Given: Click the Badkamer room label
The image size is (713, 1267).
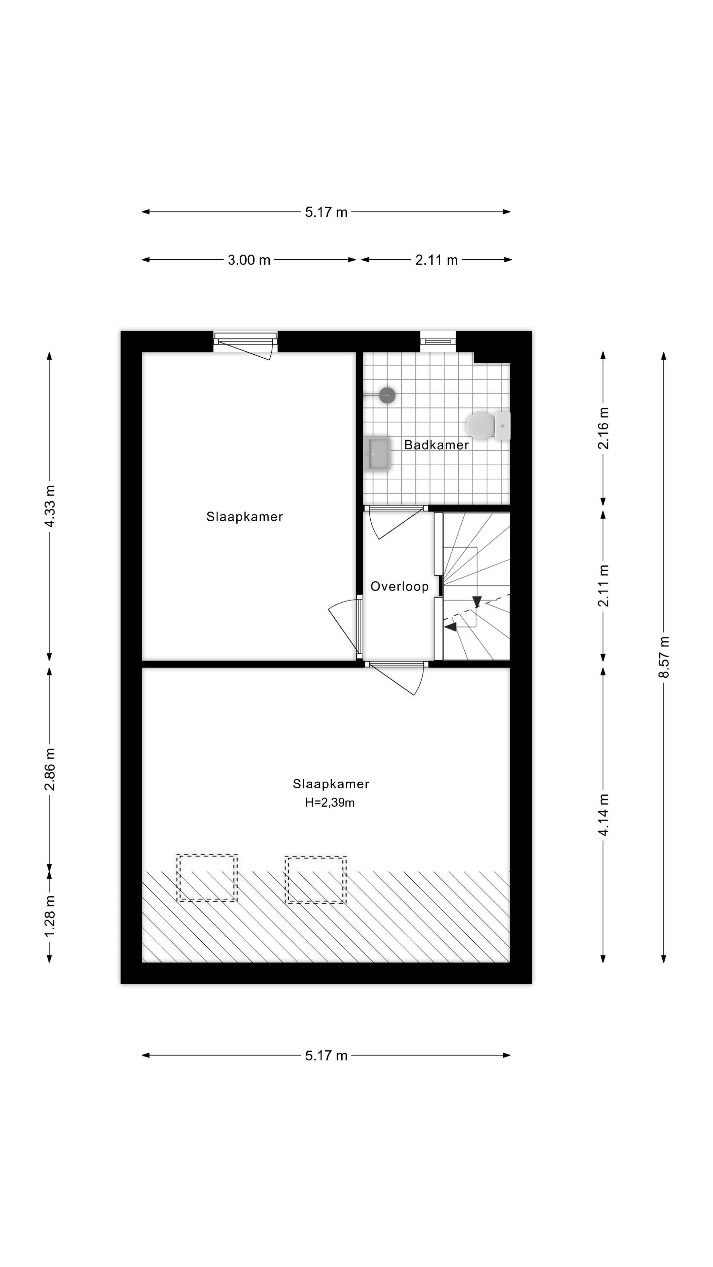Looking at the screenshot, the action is [x=436, y=445].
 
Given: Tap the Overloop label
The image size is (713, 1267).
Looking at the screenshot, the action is [x=399, y=586].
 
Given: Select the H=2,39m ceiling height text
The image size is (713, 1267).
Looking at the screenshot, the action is [x=330, y=803].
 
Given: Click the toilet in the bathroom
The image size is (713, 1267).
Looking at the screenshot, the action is [x=488, y=425].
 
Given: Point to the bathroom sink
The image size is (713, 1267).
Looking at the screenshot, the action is [x=377, y=453].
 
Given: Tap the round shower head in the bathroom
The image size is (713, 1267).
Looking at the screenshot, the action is [x=387, y=395].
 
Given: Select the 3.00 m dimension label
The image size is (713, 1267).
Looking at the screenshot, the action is [x=249, y=260].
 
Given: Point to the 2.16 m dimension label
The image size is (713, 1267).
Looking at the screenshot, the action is [x=603, y=428].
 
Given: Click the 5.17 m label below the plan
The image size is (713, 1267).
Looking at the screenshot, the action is [x=326, y=1056].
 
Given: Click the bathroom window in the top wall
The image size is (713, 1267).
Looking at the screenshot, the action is [x=438, y=341].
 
